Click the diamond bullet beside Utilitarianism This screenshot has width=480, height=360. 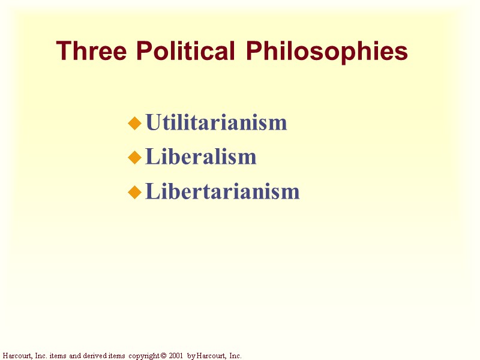tap(136, 124)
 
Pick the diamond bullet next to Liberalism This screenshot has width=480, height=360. tap(136, 158)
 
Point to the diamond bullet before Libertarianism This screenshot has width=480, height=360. tap(136, 192)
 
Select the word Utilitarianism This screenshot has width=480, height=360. tap(216, 123)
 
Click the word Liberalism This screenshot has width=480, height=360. tap(201, 157)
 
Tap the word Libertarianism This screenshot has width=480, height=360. tap(223, 191)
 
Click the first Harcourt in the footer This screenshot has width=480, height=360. tap(16, 356)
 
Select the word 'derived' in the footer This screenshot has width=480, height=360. tap(97, 356)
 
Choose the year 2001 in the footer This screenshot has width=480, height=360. tap(175, 356)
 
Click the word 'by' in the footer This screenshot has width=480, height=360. tap(191, 356)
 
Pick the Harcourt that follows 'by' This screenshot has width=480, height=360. tap(209, 356)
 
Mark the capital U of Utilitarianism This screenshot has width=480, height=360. tap(152, 123)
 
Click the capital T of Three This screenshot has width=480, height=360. tap(62, 52)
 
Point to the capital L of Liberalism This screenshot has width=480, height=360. tap(152, 157)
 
